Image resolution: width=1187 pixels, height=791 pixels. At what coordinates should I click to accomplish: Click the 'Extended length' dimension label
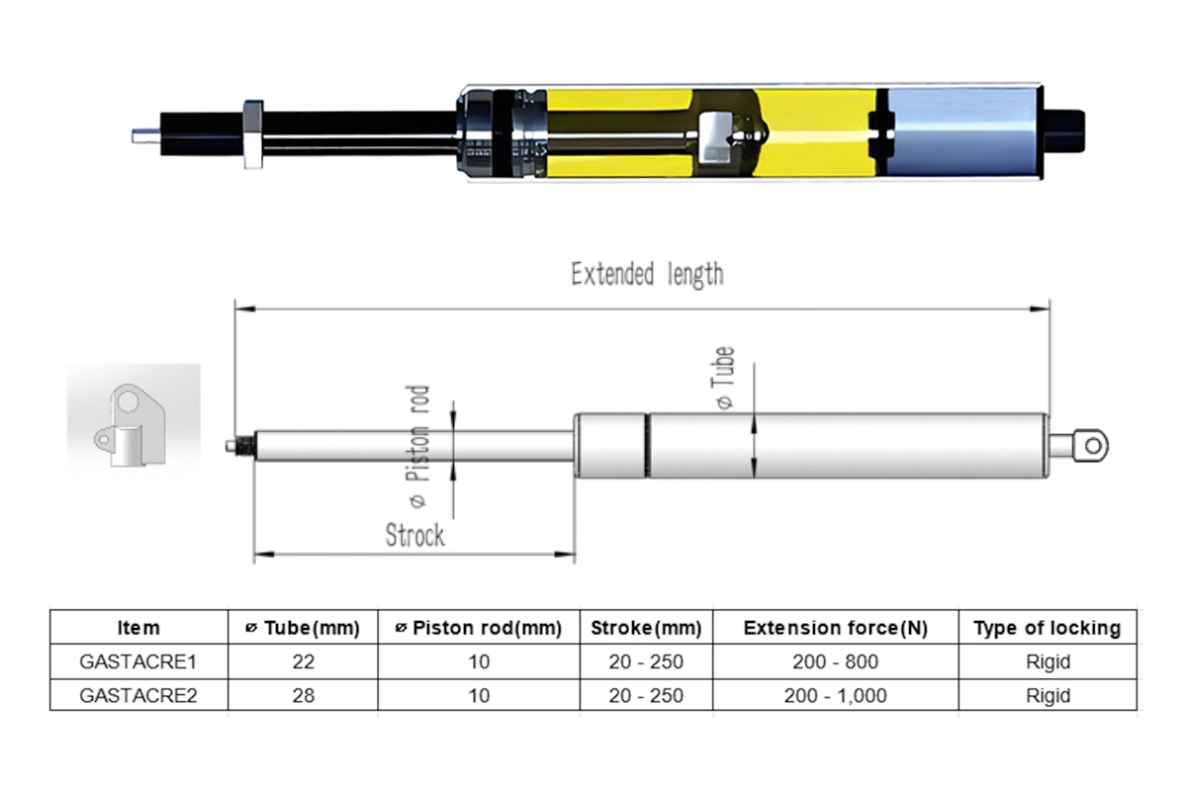tap(647, 274)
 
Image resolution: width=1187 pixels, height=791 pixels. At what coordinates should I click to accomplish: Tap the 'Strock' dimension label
tap(414, 535)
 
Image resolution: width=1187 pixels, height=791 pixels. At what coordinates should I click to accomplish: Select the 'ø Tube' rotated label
tap(725, 378)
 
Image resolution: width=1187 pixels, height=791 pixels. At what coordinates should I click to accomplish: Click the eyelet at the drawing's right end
tap(1090, 446)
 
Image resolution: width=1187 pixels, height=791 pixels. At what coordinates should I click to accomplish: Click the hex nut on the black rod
tap(252, 135)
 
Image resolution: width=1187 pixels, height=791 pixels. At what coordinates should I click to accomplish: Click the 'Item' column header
tap(138, 628)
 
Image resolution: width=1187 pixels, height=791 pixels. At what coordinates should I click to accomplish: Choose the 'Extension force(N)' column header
tap(835, 628)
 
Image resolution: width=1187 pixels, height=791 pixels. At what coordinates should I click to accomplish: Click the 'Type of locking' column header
tap(1048, 628)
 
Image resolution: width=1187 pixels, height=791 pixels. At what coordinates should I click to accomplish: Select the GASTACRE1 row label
tap(138, 661)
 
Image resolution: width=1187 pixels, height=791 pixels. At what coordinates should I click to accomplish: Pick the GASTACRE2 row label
tap(138, 695)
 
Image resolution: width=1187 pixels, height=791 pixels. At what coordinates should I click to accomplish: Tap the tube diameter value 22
tap(304, 661)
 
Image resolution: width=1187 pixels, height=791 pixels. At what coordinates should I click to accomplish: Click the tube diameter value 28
tap(304, 695)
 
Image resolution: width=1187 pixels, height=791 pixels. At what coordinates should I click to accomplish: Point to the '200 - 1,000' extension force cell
tap(835, 695)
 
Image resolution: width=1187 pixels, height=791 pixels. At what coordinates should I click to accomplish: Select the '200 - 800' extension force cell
tap(835, 661)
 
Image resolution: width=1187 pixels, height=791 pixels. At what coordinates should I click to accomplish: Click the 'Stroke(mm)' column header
tap(646, 628)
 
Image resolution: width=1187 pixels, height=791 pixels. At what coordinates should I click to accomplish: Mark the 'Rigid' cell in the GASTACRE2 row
tap(1048, 695)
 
